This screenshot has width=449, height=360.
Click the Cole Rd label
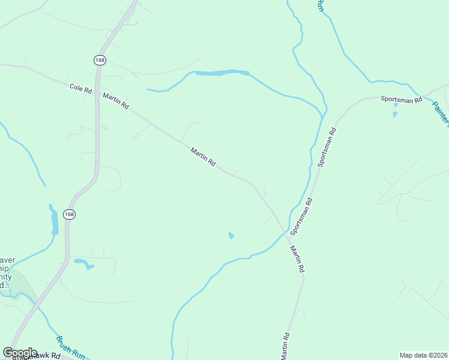click(80, 89)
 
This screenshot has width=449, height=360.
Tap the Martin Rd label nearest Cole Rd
click(116, 100)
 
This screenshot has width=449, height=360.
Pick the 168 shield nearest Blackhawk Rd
click(70, 214)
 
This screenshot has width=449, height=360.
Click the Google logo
click(20, 353)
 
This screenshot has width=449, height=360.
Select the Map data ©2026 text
click(423, 355)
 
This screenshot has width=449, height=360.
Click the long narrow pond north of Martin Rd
click(221, 73)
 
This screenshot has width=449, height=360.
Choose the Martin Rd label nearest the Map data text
click(286, 346)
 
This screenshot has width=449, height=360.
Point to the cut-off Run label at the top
click(321, 5)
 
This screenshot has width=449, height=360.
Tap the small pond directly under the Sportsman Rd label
click(395, 113)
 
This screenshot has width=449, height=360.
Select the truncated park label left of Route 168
click(7, 273)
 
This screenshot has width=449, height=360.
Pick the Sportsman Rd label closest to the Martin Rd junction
click(301, 216)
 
